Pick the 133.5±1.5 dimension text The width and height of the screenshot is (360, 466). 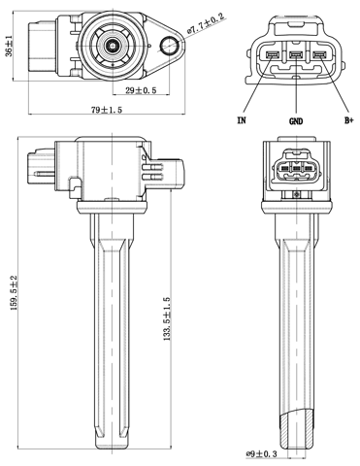coord(166,318)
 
